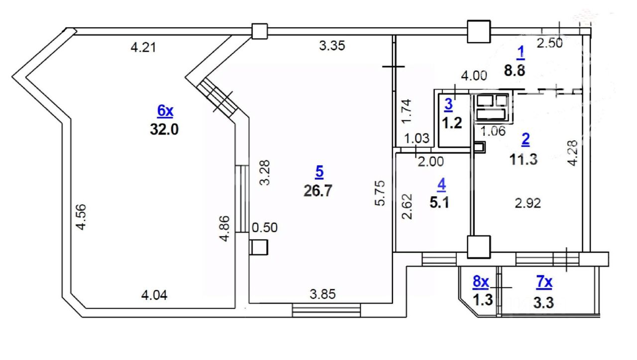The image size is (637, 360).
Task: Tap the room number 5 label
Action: coord(319,172)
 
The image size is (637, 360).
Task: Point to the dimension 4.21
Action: coord(143,48)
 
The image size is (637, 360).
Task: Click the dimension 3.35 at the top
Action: coord(332,46)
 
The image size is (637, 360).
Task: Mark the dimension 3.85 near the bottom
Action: coord(323,294)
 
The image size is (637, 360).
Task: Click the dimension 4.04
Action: coord(154,295)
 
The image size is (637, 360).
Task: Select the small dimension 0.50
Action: coord(265,228)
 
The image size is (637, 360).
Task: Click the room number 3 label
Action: coord(448,105)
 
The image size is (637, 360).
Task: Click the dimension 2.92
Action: coord(527,203)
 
